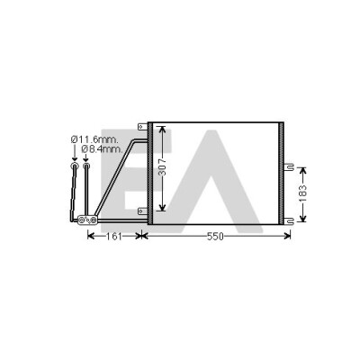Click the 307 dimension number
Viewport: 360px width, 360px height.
pos(162,167)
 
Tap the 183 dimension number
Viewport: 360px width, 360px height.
pos(303,193)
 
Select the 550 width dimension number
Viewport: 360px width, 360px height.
pos(215,237)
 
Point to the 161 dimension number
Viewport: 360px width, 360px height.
pos(114,237)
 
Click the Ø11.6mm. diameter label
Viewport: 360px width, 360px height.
pos(94,139)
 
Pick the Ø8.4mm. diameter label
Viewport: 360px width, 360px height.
pos(102,148)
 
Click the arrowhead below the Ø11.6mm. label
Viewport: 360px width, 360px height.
pos(75,159)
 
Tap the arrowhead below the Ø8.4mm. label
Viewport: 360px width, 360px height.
pos(85,159)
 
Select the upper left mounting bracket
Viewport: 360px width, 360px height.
pos(142,127)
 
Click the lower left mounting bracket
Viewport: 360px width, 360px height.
pos(142,211)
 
